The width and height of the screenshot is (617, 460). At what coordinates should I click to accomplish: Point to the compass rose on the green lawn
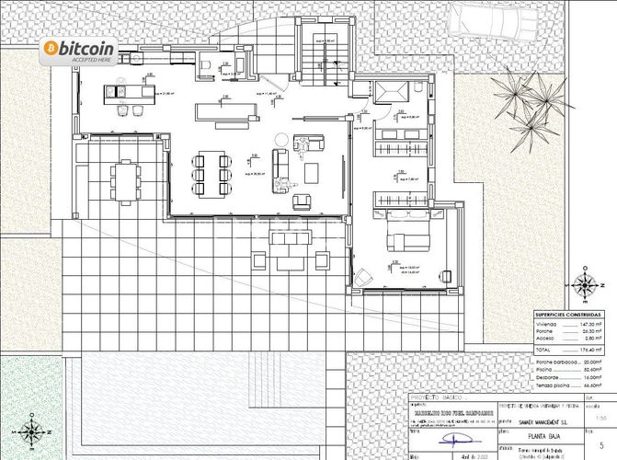point(32,430)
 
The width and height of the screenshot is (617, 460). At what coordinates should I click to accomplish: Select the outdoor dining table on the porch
point(125,179)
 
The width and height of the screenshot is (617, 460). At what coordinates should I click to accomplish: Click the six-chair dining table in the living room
point(211,172)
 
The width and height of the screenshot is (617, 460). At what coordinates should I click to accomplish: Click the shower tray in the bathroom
point(391,95)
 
